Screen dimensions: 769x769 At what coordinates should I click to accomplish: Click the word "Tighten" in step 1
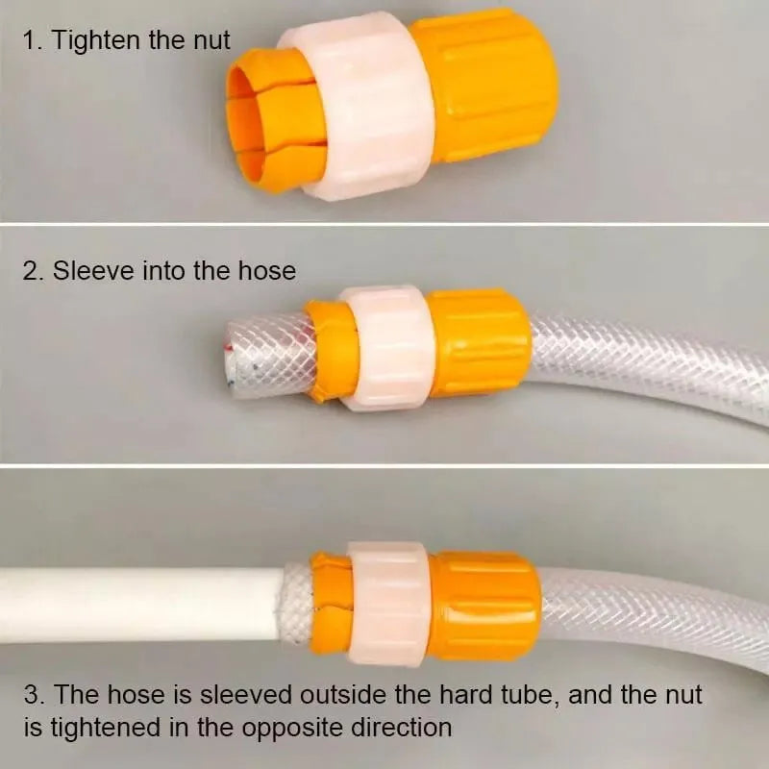(x=96, y=40)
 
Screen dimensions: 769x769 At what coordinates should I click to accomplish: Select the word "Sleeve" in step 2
(x=92, y=271)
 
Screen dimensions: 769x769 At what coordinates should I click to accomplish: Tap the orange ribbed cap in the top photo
(x=484, y=85)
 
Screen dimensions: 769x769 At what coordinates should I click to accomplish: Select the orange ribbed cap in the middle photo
(x=478, y=343)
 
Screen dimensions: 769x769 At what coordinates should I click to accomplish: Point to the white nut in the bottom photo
(x=388, y=604)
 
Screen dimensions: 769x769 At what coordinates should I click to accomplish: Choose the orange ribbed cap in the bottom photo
(x=485, y=606)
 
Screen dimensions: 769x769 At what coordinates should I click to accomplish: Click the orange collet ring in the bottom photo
(x=331, y=604)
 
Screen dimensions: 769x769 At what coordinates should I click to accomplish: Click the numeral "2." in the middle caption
(x=34, y=271)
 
